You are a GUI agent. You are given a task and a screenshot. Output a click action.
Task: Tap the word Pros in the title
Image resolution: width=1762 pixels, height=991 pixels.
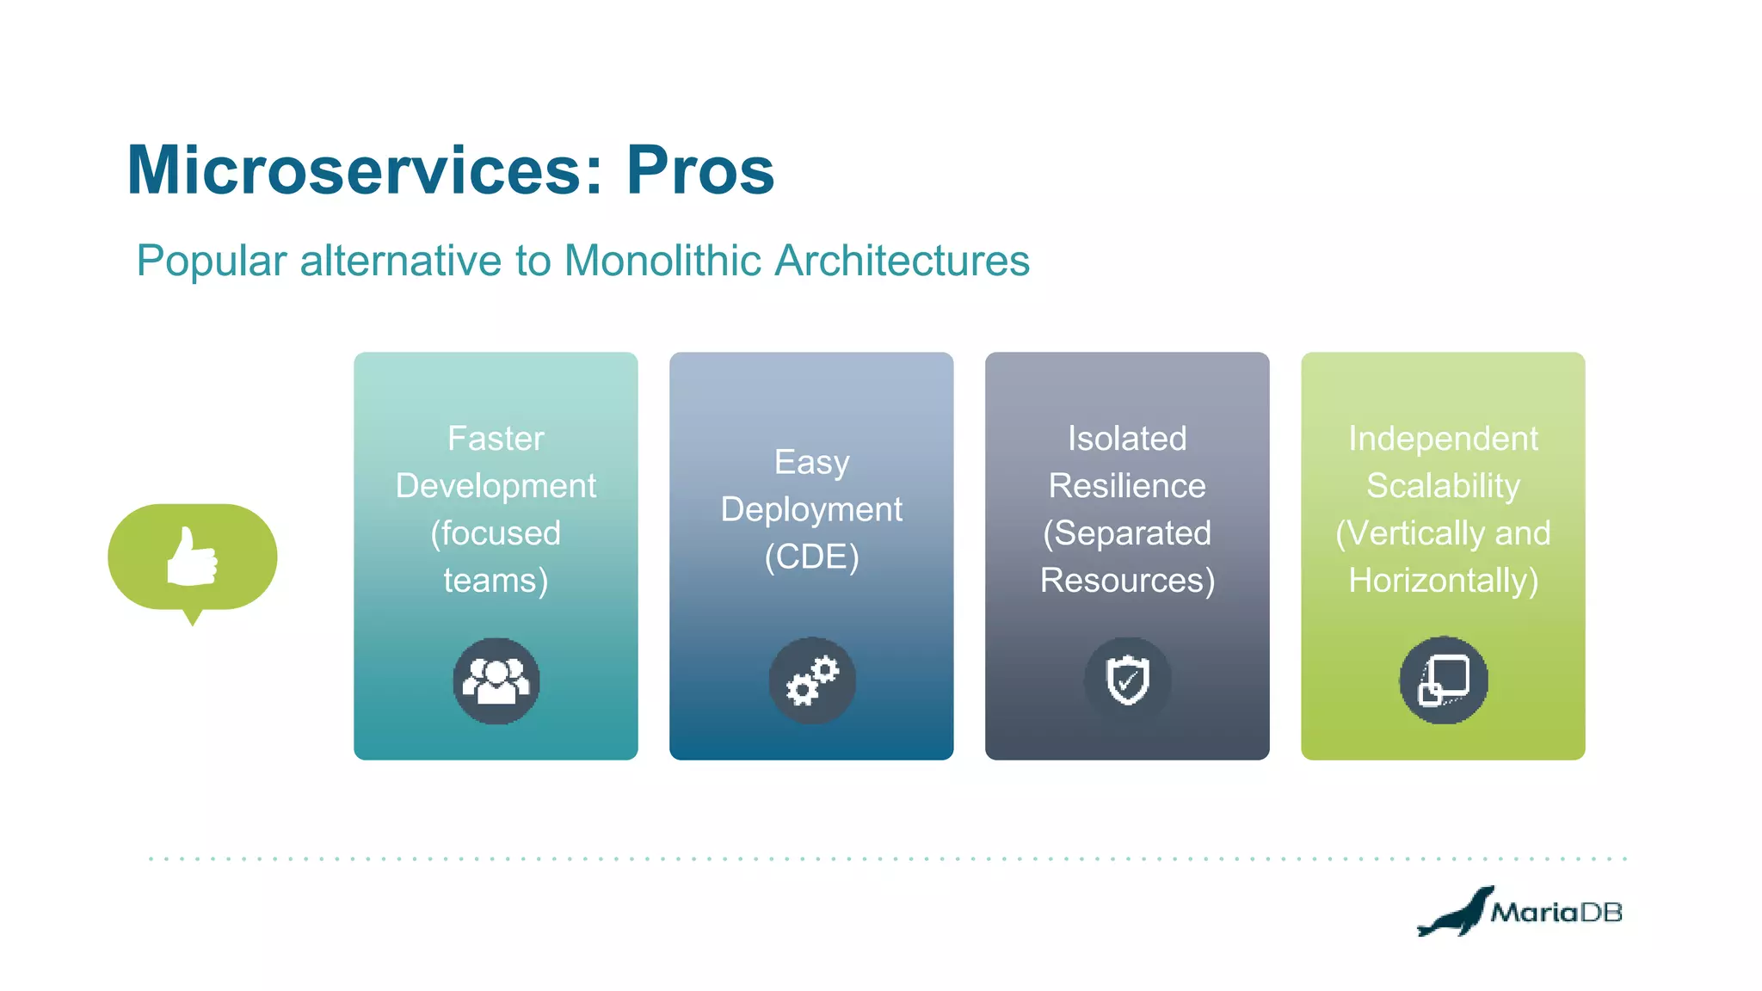pos(699,170)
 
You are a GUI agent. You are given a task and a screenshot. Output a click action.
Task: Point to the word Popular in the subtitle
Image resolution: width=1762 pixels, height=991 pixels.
pos(212,261)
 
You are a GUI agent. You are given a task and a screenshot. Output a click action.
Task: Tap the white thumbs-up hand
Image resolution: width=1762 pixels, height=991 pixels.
pos(192,557)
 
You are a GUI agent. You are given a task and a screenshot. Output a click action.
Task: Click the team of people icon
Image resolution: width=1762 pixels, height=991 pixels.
pos(496,680)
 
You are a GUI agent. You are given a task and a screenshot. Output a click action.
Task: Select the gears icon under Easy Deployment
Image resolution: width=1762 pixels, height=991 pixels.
pos(812,680)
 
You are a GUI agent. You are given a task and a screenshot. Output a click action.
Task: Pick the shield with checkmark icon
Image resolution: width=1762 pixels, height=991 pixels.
pos(1127,680)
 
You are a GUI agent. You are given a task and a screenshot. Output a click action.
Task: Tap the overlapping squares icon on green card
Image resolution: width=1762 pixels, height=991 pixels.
pos(1443,680)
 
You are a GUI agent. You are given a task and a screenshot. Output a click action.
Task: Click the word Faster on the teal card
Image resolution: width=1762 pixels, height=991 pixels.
pos(496,439)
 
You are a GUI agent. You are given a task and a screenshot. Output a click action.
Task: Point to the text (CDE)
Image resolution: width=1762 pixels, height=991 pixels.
pos(811,557)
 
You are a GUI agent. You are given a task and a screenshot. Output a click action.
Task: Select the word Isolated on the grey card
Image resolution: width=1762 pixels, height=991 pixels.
pos(1127,439)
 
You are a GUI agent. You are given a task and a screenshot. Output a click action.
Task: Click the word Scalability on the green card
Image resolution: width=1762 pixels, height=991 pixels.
pos(1443,486)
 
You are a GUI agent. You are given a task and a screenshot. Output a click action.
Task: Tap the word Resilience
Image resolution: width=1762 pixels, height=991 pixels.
pos(1127,486)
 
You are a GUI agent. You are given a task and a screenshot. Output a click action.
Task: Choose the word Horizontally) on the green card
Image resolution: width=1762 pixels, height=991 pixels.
pos(1443,581)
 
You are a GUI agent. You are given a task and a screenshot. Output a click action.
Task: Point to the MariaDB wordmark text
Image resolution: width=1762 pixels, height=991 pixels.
pos(1556,913)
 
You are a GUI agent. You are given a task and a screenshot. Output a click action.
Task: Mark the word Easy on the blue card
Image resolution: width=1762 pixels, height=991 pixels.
pos(811,463)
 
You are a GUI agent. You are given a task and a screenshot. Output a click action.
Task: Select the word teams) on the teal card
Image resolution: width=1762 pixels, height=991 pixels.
pos(496,581)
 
